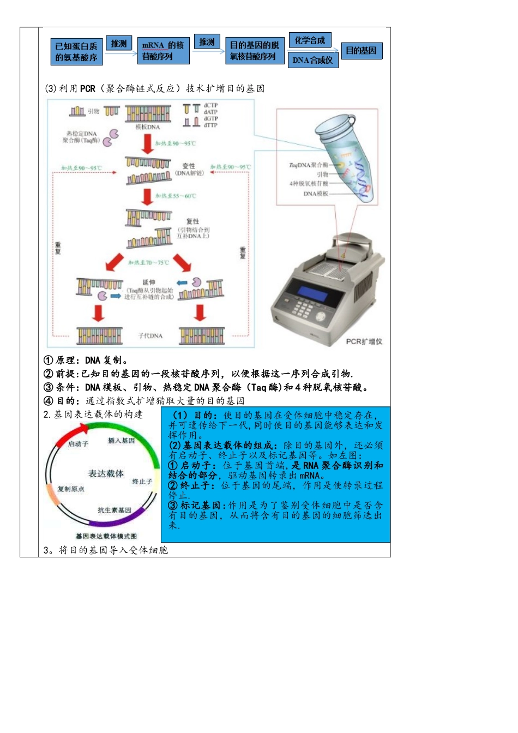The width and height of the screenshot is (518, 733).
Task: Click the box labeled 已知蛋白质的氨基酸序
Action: pos(76,52)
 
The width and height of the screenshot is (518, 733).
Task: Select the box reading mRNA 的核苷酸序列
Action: pos(163,51)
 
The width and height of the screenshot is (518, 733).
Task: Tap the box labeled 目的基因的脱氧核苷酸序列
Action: pos(254,51)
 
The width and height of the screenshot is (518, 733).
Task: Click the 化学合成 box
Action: pos(310,40)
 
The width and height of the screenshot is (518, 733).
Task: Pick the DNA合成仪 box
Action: pos(312,60)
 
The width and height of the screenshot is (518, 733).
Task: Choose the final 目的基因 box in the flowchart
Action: pos(362,51)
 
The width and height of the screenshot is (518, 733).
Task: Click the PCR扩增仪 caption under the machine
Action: pos(364,341)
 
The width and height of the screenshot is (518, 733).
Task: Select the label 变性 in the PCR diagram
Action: pos(189,166)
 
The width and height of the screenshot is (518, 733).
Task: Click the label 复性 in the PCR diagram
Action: pos(192,221)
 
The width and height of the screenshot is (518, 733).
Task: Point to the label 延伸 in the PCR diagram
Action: pos(149,283)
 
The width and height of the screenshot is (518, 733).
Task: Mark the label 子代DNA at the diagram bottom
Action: pos(150,335)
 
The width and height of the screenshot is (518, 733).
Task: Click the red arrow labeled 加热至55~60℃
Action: pos(147,196)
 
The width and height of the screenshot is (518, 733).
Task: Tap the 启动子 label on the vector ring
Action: pos(78,444)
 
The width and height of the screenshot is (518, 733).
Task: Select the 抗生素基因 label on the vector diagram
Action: pos(115,510)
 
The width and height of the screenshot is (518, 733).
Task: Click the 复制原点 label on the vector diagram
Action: pos(71,489)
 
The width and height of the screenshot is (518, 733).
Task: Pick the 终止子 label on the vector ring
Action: pos(142,482)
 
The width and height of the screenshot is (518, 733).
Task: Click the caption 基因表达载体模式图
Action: pos(106,536)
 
